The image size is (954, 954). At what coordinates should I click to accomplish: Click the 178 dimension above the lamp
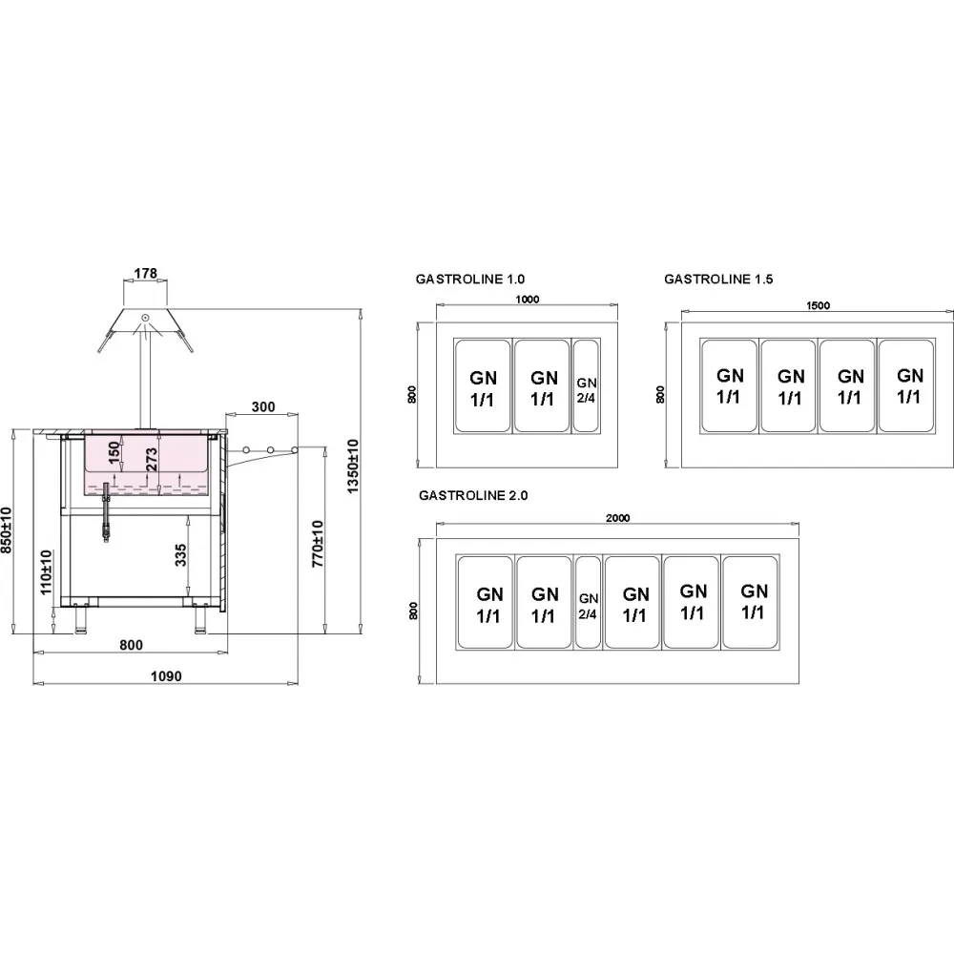145,273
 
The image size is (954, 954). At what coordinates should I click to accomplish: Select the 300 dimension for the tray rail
263,406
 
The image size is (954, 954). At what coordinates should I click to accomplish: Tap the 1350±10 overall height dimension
353,467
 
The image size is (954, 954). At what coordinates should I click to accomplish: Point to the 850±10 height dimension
6,529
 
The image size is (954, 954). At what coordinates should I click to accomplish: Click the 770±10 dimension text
318,544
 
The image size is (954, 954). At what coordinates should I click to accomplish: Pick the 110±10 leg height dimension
46,572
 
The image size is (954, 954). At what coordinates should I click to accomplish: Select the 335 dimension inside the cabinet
180,555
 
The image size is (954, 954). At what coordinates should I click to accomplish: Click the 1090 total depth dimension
166,676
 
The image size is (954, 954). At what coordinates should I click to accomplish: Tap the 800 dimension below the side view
131,645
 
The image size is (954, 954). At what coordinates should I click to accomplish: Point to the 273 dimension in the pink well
152,460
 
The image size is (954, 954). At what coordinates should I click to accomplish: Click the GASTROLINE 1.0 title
469,280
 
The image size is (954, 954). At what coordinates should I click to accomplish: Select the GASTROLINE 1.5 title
718,280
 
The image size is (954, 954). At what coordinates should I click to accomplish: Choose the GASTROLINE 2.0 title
473,495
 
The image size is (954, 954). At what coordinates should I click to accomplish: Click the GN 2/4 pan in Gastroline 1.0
586,385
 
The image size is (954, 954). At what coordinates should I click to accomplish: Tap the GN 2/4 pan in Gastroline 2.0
588,602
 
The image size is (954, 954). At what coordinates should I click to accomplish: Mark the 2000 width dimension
617,518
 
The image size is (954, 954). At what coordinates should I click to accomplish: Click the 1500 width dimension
818,305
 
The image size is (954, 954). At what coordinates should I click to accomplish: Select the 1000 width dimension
527,300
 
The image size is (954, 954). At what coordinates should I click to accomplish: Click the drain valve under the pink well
107,512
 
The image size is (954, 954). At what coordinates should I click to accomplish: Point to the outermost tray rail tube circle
295,450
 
